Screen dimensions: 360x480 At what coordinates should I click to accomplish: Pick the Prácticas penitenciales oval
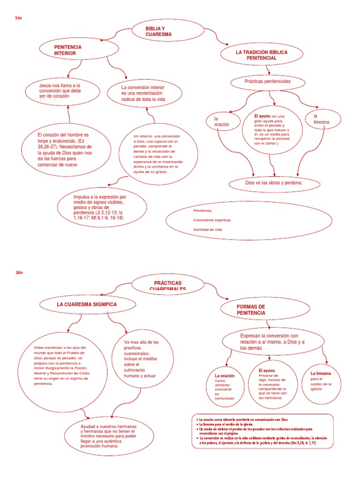pos(268,82)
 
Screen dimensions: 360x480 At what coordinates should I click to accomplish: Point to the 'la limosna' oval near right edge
pos(322,119)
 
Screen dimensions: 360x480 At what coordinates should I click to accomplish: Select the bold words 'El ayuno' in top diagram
pos(262,115)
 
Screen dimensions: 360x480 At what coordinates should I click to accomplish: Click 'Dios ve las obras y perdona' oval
pos(274,183)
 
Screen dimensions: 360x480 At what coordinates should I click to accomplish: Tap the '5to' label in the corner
pos(18,17)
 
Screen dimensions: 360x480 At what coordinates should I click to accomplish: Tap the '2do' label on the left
pos(18,272)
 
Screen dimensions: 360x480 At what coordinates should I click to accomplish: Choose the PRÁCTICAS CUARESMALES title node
pos(167,285)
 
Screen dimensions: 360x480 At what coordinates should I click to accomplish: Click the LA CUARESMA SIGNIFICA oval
pos(87,305)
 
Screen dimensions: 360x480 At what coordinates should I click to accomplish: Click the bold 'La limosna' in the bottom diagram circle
pos(321,373)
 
